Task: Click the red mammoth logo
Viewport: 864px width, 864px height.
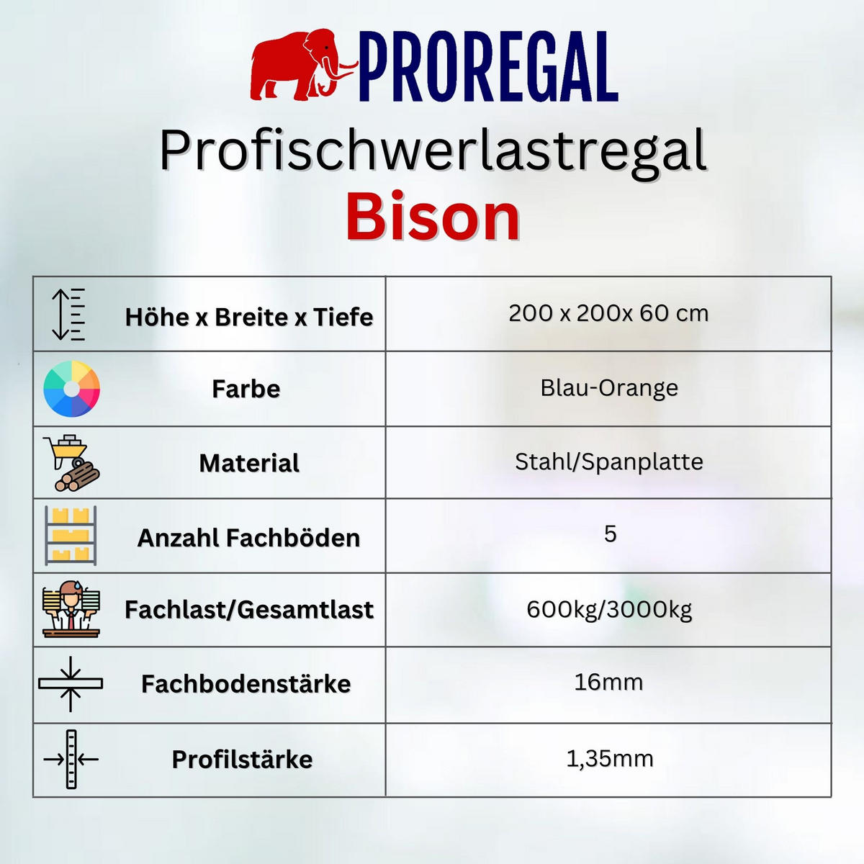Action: click(302, 65)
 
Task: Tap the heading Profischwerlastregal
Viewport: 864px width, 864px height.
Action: click(433, 150)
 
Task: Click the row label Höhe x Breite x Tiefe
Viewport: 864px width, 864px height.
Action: click(248, 317)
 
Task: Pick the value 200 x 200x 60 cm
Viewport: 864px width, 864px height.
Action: click(608, 313)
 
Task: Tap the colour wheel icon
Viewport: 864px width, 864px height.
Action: click(71, 389)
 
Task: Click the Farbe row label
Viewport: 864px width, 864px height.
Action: click(246, 389)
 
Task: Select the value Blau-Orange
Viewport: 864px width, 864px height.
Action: click(609, 387)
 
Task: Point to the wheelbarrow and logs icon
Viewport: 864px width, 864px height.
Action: click(71, 463)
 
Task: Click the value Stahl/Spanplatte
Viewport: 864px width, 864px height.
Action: click(609, 462)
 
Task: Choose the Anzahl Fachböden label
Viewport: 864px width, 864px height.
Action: click(248, 538)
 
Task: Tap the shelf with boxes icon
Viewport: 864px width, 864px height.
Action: click(71, 536)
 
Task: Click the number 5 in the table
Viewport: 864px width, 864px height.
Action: click(610, 534)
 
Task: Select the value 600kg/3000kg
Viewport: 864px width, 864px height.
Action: click(609, 609)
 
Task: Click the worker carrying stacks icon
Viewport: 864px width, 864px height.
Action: click(71, 610)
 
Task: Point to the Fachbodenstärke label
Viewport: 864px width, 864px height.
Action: click(246, 684)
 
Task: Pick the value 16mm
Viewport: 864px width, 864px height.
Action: click(608, 682)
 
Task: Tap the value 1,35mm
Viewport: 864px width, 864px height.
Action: click(610, 758)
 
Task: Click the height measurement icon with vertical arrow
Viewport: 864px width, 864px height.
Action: click(68, 314)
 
